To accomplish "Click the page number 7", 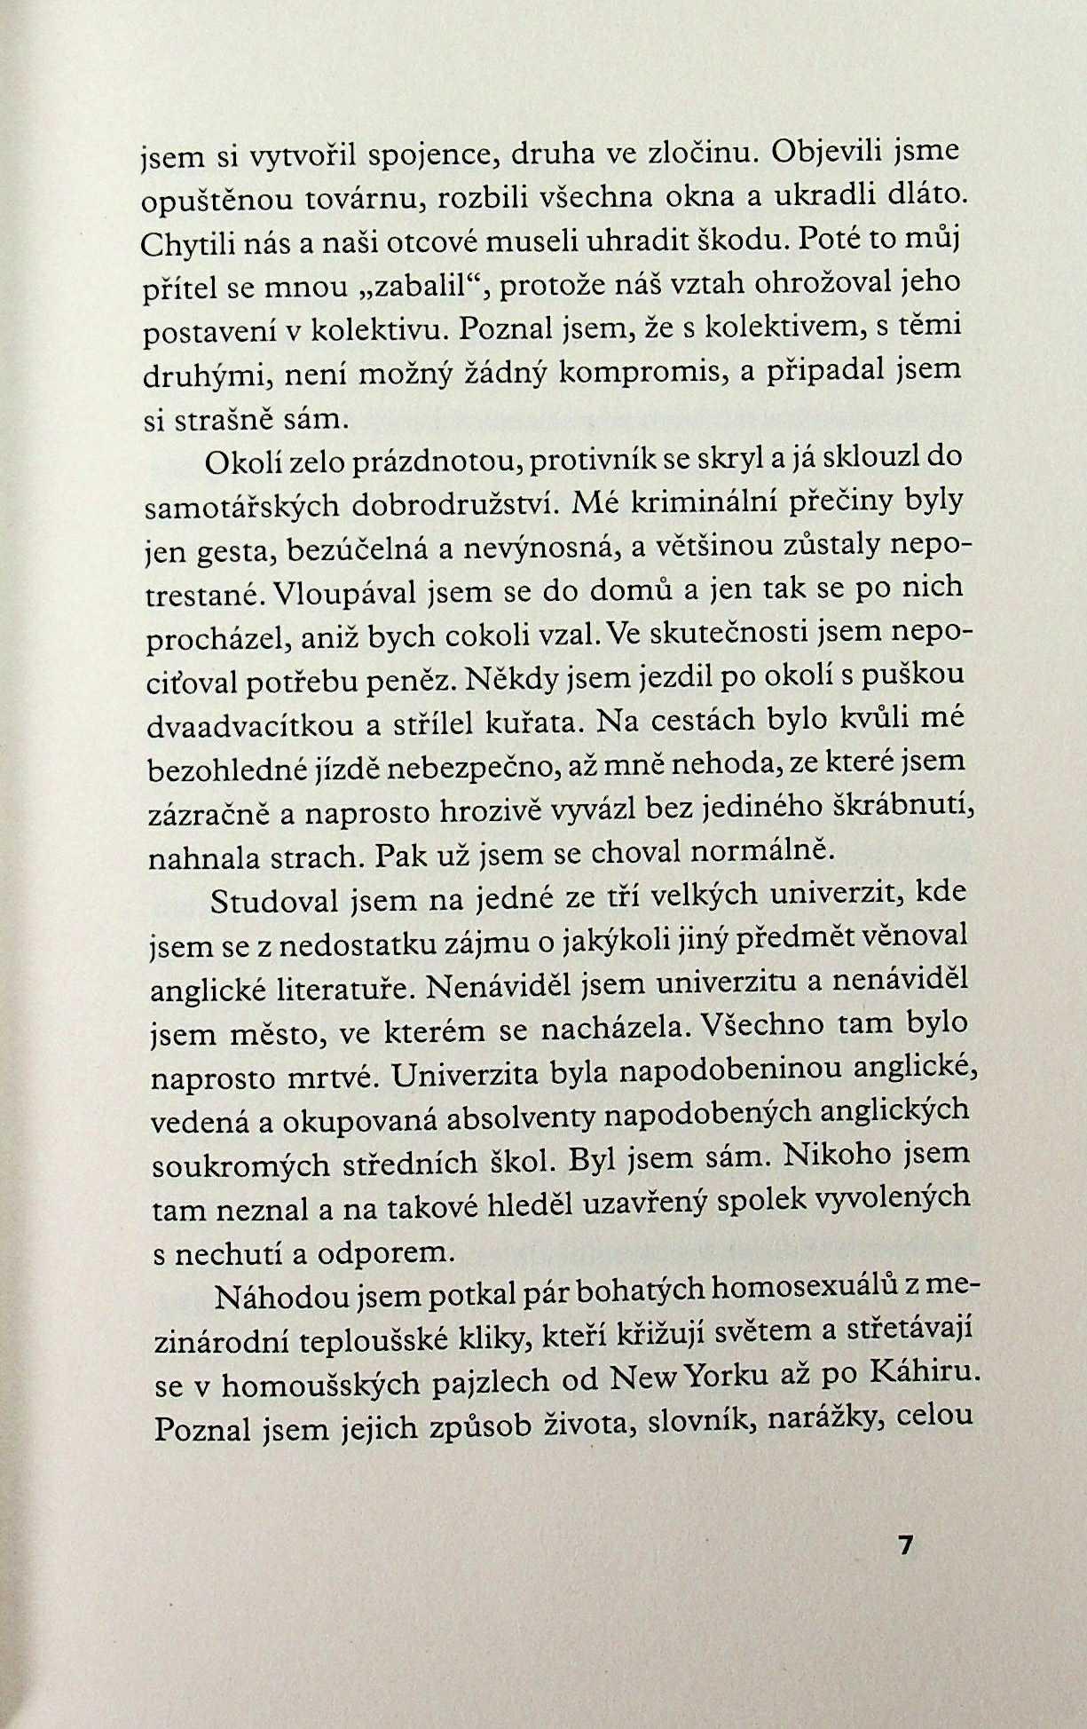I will (905, 1544).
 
